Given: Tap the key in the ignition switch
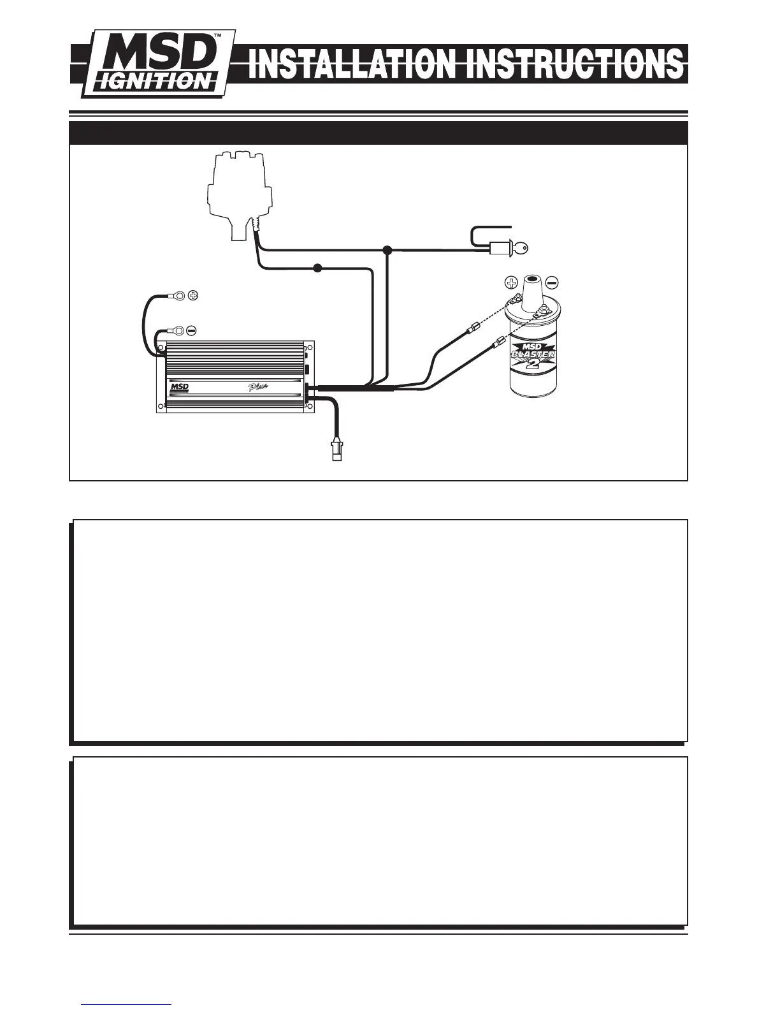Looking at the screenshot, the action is (521, 249).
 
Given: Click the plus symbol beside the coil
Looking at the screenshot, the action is (511, 282).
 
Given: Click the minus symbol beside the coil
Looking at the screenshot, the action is (552, 282).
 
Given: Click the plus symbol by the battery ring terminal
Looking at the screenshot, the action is (194, 295).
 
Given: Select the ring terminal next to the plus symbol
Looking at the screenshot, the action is (179, 295).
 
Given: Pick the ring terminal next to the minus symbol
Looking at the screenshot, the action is (178, 330).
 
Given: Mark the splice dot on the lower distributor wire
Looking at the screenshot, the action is (317, 268).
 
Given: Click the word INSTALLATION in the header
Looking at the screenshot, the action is (350, 66).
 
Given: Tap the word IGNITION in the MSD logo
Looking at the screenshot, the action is (152, 81).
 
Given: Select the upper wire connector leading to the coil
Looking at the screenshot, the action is (472, 330).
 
